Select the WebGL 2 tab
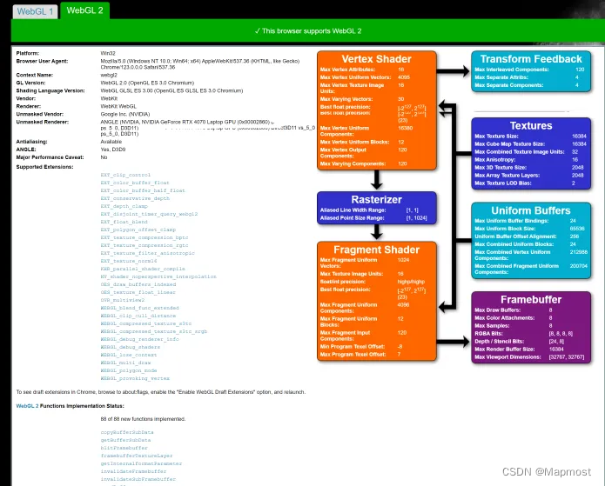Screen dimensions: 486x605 tap(84, 10)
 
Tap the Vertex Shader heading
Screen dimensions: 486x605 tap(376, 58)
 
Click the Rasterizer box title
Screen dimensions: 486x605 tap(376, 200)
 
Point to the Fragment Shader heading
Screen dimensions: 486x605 tap(376, 250)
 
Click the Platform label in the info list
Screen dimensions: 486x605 tap(28, 53)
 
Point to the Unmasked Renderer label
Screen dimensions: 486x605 tap(41, 122)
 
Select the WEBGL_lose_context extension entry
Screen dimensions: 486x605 tap(128, 355)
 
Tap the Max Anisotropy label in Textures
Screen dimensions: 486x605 tap(495, 160)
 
